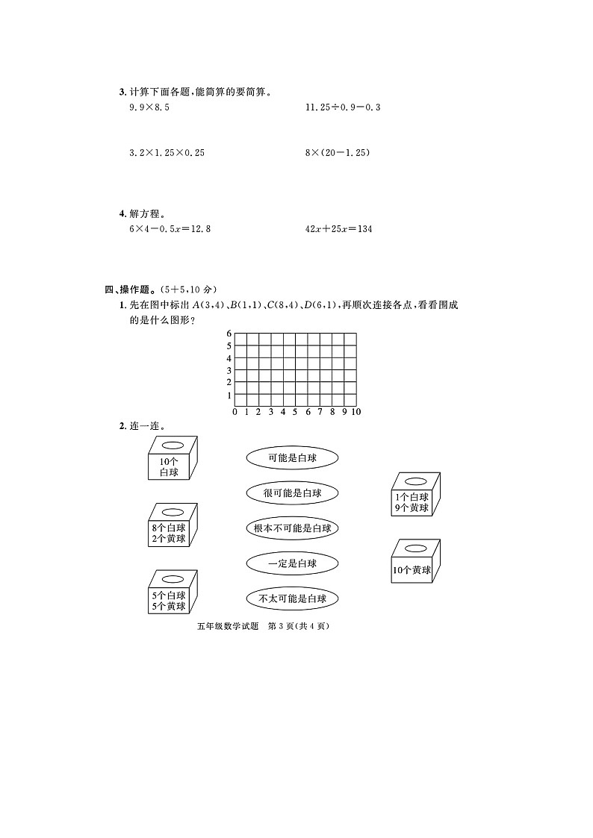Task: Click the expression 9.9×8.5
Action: pos(149,108)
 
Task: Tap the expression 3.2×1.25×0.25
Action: pos(167,153)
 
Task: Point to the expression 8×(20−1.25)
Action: pos(338,153)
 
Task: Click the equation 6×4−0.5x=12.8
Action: pos(170,229)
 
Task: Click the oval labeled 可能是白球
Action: pos(292,457)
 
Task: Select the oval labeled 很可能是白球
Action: pos(292,493)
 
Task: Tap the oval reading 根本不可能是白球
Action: pos(292,528)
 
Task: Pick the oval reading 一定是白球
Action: pos(292,563)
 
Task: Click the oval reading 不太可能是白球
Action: pos(292,598)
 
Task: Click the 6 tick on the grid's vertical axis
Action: pos(229,334)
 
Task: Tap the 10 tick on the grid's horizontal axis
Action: pos(356,412)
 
